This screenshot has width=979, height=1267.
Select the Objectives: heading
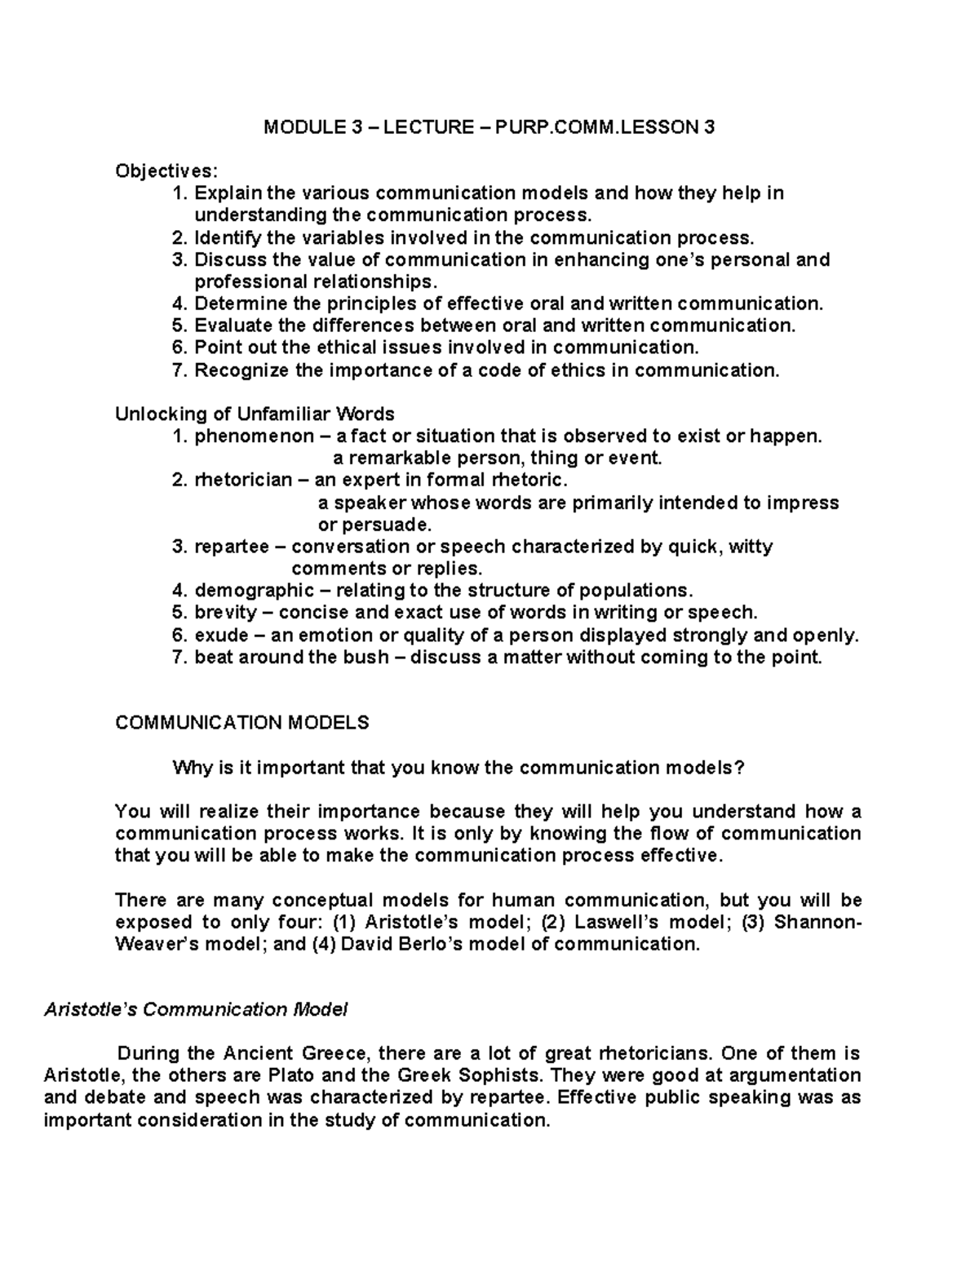166,171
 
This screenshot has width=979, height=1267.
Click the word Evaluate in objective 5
231,326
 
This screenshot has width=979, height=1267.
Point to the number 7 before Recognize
179,370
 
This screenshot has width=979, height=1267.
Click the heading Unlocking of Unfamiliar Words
255,414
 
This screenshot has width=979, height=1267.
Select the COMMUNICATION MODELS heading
242,722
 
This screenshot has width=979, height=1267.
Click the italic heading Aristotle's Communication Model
195,1009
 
